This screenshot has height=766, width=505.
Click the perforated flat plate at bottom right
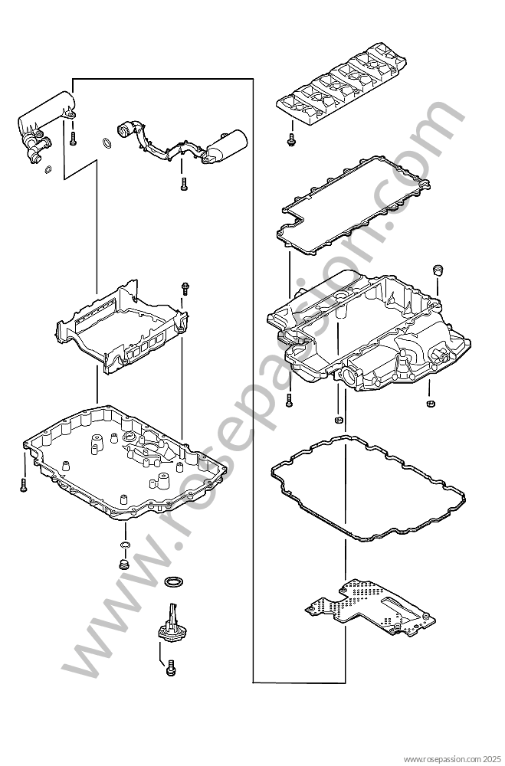pyautogui.click(x=370, y=607)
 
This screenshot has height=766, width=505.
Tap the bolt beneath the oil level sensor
pyautogui.click(x=171, y=668)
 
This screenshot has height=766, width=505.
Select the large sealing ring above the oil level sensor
pyautogui.click(x=175, y=582)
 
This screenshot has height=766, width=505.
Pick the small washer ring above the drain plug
pyautogui.click(x=125, y=545)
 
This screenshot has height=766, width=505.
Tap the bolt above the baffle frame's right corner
pyautogui.click(x=185, y=289)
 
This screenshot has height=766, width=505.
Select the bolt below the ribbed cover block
pyautogui.click(x=291, y=139)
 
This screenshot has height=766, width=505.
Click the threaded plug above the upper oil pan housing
pyautogui.click(x=438, y=270)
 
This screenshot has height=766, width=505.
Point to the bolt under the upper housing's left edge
pyautogui.click(x=290, y=401)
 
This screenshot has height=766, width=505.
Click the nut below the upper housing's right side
pyautogui.click(x=431, y=403)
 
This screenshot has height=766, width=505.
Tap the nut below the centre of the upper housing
pyautogui.click(x=337, y=420)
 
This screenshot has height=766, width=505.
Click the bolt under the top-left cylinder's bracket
pyautogui.click(x=73, y=139)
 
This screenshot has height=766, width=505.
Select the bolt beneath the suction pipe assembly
pyautogui.click(x=183, y=184)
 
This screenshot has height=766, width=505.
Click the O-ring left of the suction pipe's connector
pyautogui.click(x=107, y=143)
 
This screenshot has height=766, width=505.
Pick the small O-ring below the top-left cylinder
pyautogui.click(x=48, y=169)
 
